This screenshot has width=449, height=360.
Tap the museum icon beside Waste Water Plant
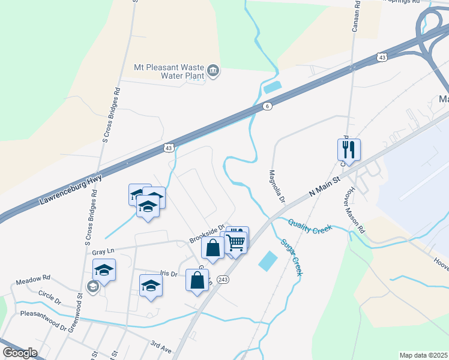[213, 72]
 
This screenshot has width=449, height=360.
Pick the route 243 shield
[223, 280]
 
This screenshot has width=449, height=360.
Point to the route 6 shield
[267, 106]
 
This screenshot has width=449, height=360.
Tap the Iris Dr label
[170, 274]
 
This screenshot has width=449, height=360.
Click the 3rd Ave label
[161, 347]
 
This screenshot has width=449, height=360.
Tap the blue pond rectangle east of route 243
[268, 260]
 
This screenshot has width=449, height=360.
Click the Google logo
[20, 353]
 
